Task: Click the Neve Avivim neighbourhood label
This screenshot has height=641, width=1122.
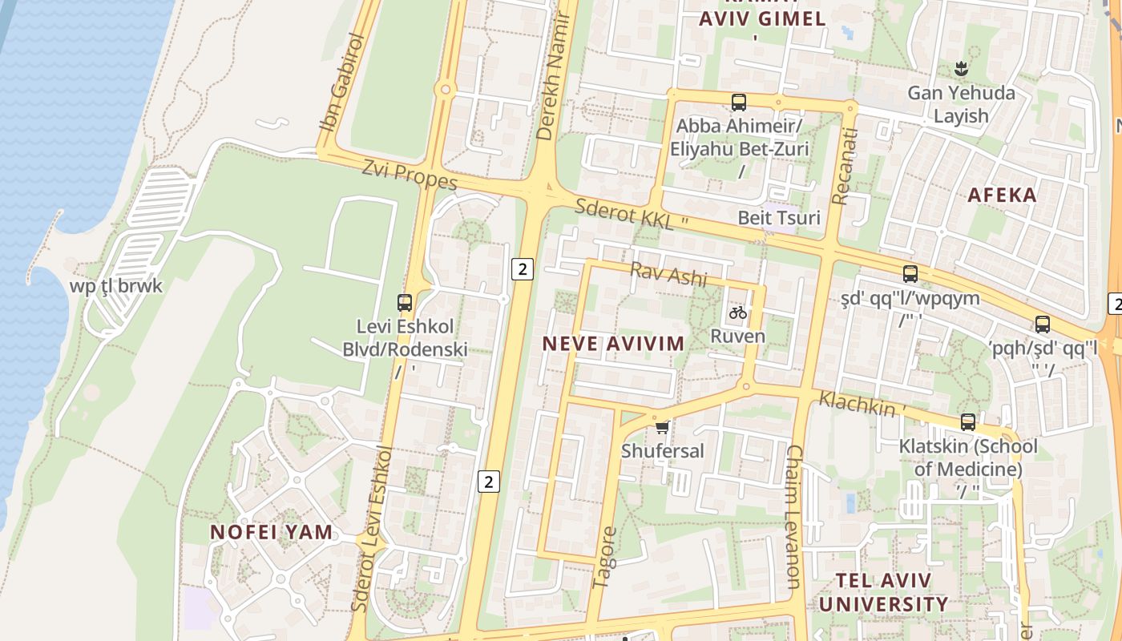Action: (x=614, y=344)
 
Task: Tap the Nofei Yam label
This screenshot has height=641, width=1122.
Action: (x=271, y=531)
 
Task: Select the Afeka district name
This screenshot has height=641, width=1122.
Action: (x=1002, y=195)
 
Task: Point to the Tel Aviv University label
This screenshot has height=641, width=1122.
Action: (x=883, y=592)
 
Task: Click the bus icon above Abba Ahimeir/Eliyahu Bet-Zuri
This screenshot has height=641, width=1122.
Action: (x=739, y=103)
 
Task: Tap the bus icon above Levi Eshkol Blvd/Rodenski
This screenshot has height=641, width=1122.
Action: (x=405, y=303)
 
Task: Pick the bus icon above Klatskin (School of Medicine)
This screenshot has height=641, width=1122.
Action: (x=968, y=422)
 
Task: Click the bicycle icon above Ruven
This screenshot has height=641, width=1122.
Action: (x=738, y=312)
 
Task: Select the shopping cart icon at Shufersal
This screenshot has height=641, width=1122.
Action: (x=662, y=427)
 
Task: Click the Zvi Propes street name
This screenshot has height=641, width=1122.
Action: (x=409, y=175)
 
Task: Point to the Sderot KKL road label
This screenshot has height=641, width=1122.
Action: (x=626, y=214)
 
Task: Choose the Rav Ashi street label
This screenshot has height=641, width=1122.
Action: (x=668, y=274)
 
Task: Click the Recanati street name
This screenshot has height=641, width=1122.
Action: (x=843, y=166)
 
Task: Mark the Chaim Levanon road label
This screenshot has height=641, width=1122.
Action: (x=793, y=517)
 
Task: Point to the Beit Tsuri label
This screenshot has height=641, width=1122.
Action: (x=779, y=217)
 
